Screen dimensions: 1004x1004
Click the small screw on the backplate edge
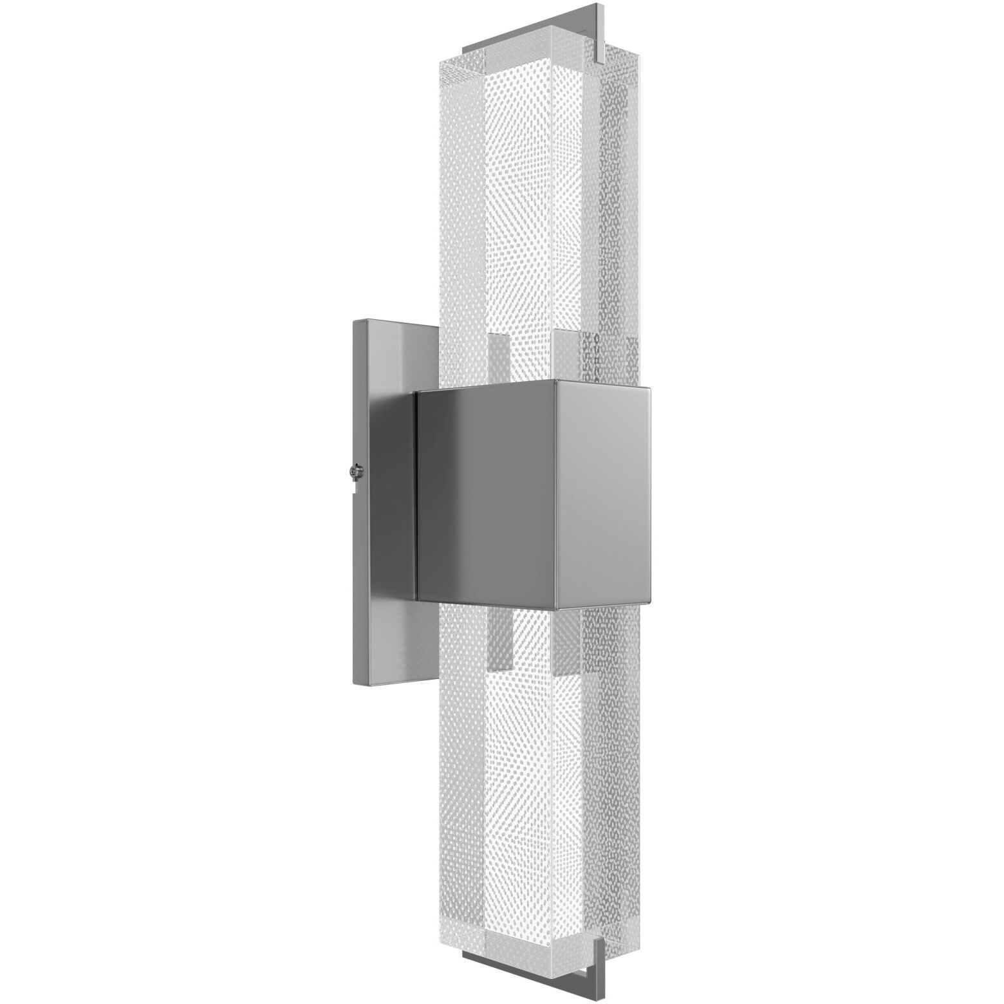355,473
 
